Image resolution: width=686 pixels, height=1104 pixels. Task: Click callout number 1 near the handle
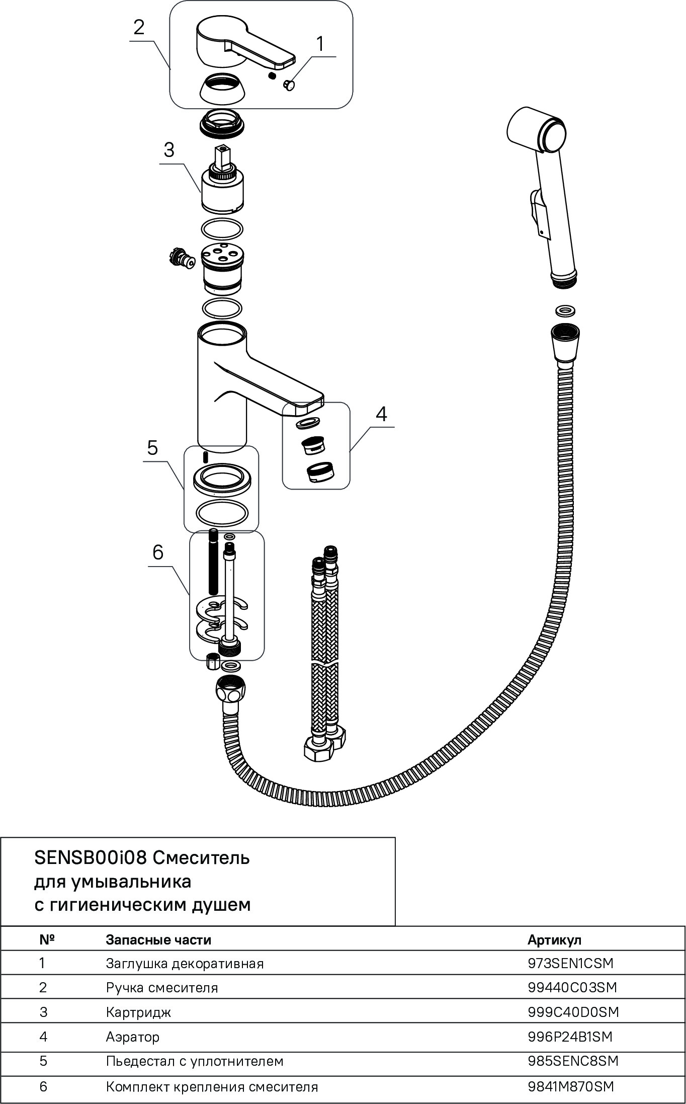tap(320, 44)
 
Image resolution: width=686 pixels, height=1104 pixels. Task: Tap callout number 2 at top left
tap(139, 27)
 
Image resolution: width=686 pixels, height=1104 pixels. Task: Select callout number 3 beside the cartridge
tap(168, 149)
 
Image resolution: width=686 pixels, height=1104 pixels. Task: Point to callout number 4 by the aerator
tap(381, 414)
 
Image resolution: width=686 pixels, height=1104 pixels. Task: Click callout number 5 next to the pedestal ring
tap(153, 447)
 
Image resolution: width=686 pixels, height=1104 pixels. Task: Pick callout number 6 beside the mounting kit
tap(158, 553)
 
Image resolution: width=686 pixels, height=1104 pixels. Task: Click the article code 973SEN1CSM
tap(570, 963)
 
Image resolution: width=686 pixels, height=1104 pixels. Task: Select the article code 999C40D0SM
tap(573, 1012)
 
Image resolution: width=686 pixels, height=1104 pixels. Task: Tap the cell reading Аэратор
tap(133, 1037)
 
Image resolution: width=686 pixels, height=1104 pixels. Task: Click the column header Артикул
tap(554, 939)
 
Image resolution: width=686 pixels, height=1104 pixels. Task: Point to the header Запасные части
tap(158, 939)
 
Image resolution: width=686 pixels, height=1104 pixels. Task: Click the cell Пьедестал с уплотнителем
tap(195, 1061)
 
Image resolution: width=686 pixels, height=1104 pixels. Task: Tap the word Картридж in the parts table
tap(138, 1012)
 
